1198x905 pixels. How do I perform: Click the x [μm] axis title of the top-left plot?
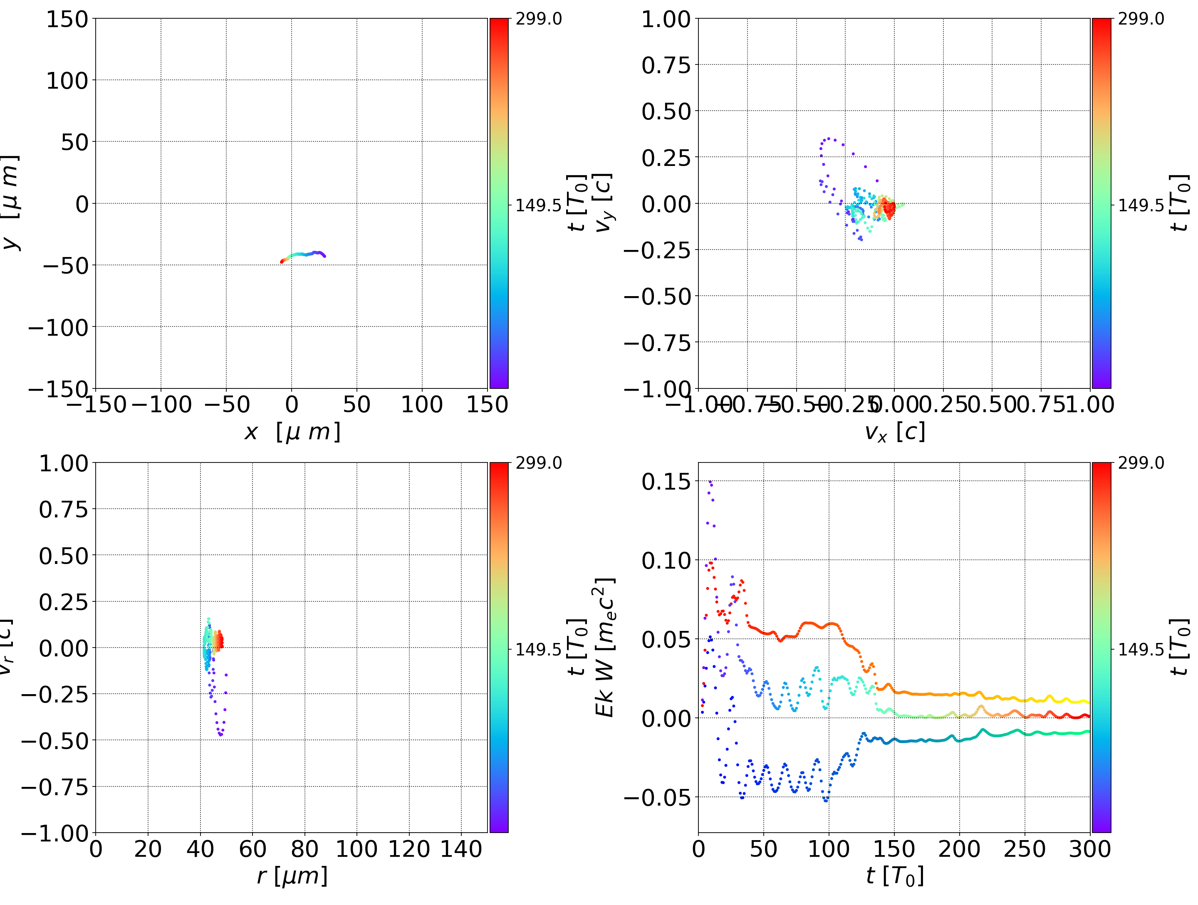[292, 432]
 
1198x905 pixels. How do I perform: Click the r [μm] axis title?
[292, 876]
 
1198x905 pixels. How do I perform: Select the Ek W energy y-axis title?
[604, 647]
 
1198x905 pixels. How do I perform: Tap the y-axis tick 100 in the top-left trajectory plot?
[67, 81]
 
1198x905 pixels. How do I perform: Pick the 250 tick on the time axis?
[1024, 849]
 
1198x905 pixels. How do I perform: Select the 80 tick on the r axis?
[304, 849]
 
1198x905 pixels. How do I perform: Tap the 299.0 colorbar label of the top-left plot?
[538, 19]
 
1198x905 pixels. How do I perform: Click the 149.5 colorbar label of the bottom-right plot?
[1141, 649]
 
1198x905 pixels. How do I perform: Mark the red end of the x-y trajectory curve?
[282, 262]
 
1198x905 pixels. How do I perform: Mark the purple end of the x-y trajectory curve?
[324, 256]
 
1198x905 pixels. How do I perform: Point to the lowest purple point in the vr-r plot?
[220, 735]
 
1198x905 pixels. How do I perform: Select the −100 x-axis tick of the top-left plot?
[161, 405]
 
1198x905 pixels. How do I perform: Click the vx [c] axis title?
[894, 432]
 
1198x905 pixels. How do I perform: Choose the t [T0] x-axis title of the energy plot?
[894, 876]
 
